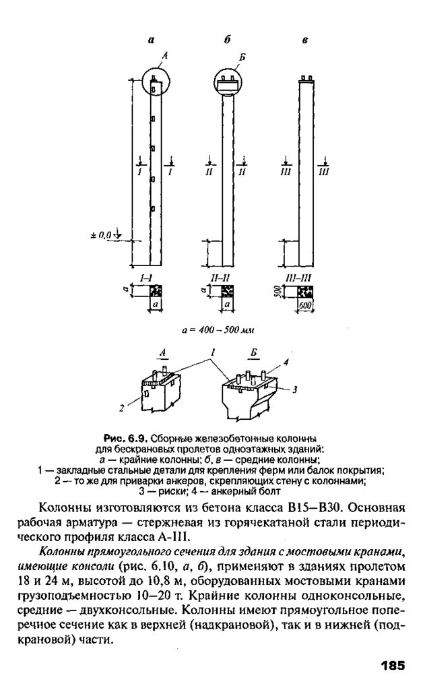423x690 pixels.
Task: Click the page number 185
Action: [391, 666]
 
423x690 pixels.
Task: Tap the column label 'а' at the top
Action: [152, 40]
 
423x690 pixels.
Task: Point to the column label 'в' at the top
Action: [305, 40]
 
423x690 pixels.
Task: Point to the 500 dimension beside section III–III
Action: [277, 292]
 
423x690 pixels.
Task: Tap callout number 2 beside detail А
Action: [122, 408]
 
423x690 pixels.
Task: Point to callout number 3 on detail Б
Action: [294, 389]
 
